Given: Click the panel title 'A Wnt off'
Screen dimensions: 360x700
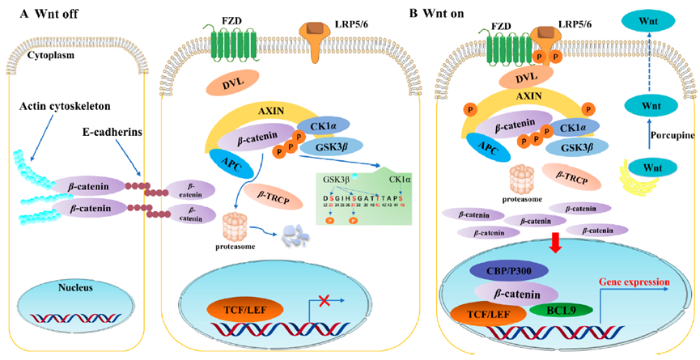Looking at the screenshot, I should pos(36,13).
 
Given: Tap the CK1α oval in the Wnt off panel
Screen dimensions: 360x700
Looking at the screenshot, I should pos(323,126).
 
